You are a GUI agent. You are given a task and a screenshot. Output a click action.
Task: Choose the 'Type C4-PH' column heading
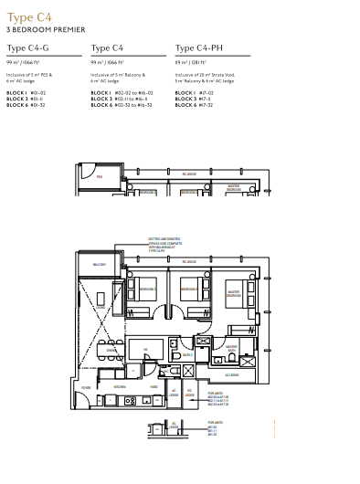coord(202,48)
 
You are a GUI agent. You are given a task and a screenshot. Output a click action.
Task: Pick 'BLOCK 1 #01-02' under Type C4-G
coord(26,93)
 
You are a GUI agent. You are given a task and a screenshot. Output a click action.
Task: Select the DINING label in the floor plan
coord(111,350)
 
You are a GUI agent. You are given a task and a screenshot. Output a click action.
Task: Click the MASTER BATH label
coord(231,348)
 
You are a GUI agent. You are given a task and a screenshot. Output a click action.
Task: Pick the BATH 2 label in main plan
coord(187,354)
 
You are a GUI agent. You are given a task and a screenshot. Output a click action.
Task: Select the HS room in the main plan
coord(144,350)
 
